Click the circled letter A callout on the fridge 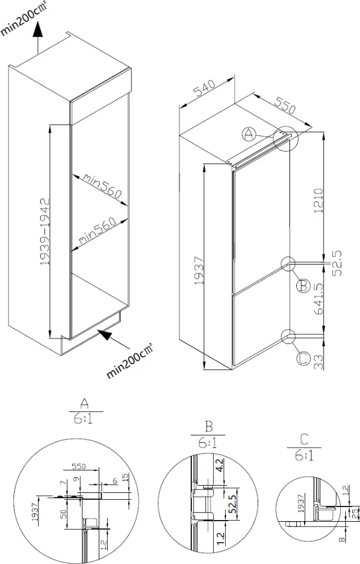point(249,134)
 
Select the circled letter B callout point(303,286)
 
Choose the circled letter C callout point(303,358)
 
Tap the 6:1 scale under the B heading point(207,444)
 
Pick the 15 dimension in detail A point(125,477)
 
